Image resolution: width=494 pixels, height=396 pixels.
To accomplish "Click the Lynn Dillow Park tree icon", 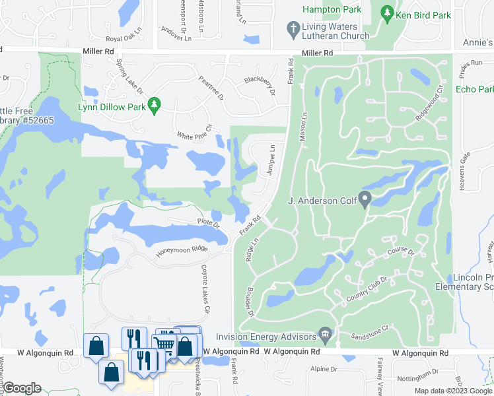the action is coord(154,104).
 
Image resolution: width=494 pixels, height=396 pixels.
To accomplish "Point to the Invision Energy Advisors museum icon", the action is coord(324,334).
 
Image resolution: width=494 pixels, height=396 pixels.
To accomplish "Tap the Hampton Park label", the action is coord(332,9).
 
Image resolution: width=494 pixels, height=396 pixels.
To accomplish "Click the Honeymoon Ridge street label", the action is coord(182,250).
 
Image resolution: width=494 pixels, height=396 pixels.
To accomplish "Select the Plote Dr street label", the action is coord(208,224).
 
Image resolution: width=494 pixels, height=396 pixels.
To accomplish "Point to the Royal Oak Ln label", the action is coord(128,38).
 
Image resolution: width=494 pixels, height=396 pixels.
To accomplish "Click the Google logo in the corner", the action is coord(22,388).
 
